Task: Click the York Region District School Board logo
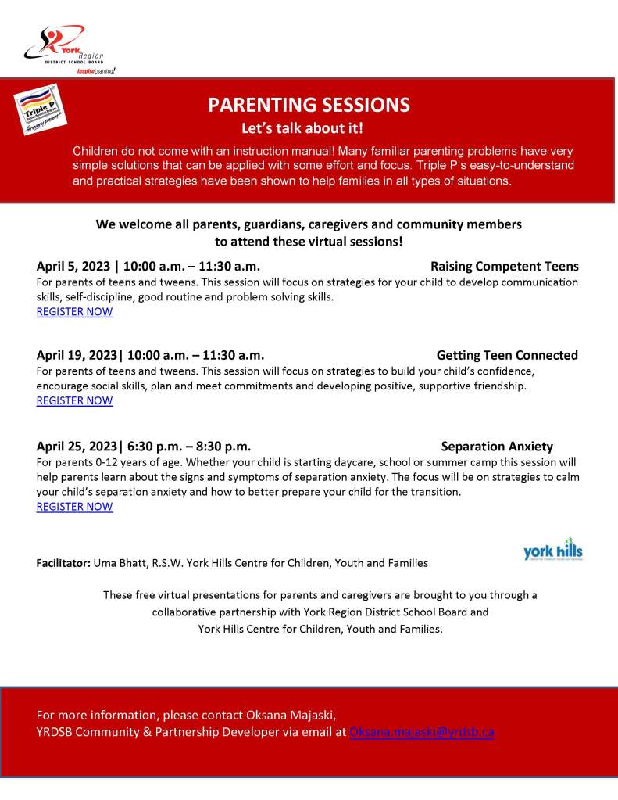coord(64,48)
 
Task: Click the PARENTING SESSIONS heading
coord(309,105)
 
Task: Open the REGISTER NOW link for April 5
coord(74,311)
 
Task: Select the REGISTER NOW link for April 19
coord(74,400)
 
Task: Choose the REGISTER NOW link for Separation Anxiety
coord(74,506)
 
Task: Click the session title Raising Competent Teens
coord(504,266)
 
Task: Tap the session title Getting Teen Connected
coord(507,355)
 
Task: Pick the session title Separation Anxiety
coord(497,447)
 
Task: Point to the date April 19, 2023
coord(75,355)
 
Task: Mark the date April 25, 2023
coord(75,447)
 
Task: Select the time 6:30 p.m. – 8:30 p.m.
coord(188,447)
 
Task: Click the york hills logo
coord(552,552)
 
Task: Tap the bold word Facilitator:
coord(63,563)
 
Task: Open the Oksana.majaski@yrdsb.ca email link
coord(421,732)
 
